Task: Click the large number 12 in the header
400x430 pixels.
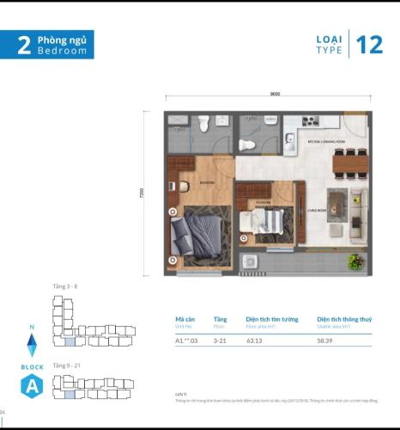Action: (370, 45)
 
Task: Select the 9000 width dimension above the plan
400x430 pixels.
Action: (274, 93)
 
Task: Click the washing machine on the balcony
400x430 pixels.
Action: (250, 261)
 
